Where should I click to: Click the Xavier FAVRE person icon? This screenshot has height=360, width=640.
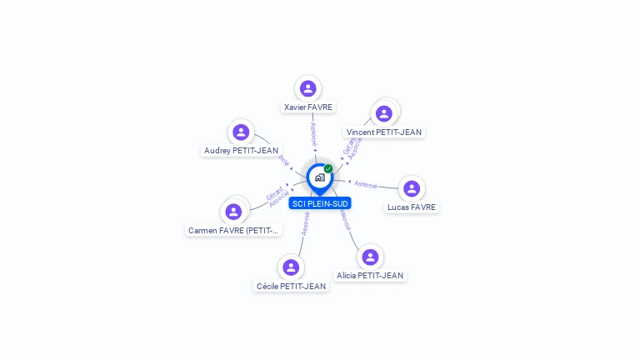coord(308,88)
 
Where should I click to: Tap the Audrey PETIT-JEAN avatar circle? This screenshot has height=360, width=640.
coord(241,132)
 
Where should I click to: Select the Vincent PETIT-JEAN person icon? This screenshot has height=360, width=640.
coord(384,113)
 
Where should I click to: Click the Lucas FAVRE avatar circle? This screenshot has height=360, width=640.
coord(412,188)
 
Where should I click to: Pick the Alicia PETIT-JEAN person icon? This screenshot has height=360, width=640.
coord(369,257)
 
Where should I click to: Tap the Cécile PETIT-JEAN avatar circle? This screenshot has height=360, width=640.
coord(291,267)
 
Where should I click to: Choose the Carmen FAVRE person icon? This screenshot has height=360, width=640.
coord(233,212)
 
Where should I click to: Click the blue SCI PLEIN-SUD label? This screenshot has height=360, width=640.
coord(320,203)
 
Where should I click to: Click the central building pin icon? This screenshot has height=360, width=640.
coord(319,177)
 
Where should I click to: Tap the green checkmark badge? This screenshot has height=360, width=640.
coord(328,169)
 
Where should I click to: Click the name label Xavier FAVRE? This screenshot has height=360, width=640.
coord(308,107)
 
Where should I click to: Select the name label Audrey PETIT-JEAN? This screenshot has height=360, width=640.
coord(241,151)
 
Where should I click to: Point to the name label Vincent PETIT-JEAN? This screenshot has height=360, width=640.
coord(384,132)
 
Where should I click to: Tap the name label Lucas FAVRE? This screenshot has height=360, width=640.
coord(412,207)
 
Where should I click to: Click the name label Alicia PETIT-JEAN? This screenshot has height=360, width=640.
coord(370,276)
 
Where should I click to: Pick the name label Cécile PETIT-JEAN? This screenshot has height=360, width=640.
coord(292,287)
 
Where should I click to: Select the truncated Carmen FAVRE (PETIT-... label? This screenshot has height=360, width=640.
coord(233,231)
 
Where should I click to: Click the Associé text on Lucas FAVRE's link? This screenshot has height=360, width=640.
coord(366,184)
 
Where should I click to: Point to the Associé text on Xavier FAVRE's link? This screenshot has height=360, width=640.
coord(313,134)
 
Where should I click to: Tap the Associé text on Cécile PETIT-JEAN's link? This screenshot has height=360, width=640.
coord(306,223)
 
